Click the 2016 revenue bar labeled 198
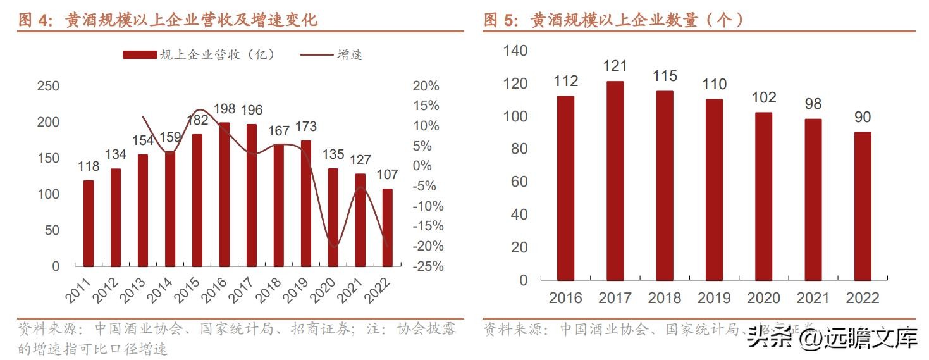click(x=224, y=194)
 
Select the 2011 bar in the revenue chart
click(x=88, y=223)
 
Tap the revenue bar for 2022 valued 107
click(x=387, y=227)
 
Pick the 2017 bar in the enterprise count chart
click(x=615, y=180)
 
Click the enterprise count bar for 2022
click(x=862, y=206)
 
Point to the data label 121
click(x=615, y=66)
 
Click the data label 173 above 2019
click(x=305, y=127)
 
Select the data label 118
click(x=88, y=167)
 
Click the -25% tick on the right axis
click(x=428, y=266)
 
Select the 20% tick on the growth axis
click(x=426, y=86)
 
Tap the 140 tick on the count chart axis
click(x=515, y=51)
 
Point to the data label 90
click(x=862, y=117)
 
